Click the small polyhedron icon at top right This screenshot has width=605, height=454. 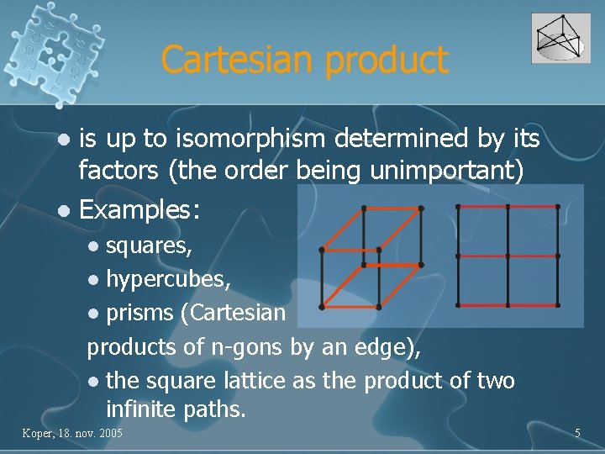[560, 39]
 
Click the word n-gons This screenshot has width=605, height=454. [250, 346]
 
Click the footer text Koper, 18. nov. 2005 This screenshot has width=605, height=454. [71, 433]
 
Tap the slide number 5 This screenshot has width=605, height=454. [577, 433]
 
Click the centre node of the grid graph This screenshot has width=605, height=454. [508, 256]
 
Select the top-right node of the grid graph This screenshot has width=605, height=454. [557, 206]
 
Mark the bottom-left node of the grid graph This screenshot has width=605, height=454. [458, 304]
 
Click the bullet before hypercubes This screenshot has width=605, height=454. [94, 279]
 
